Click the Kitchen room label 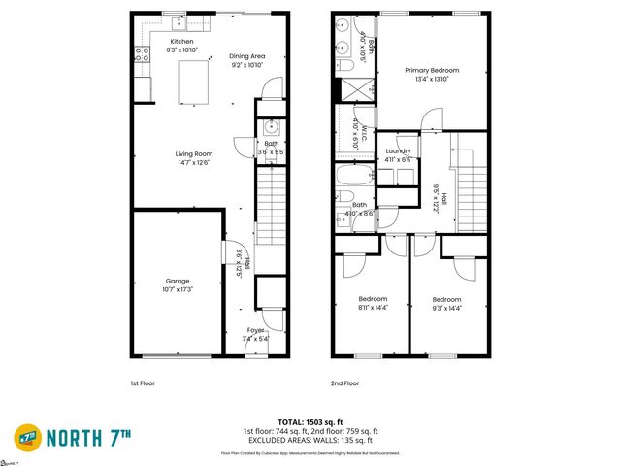click(182, 42)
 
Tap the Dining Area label click(246, 56)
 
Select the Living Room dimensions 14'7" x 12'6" click(193, 162)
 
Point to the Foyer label click(254, 330)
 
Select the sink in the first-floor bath click(271, 127)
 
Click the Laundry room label click(398, 151)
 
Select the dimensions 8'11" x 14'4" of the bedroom click(373, 308)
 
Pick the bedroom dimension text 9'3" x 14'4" click(446, 308)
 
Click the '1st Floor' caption click(143, 383)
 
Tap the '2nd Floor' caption click(344, 383)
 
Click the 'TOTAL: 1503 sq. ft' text click(310, 422)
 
